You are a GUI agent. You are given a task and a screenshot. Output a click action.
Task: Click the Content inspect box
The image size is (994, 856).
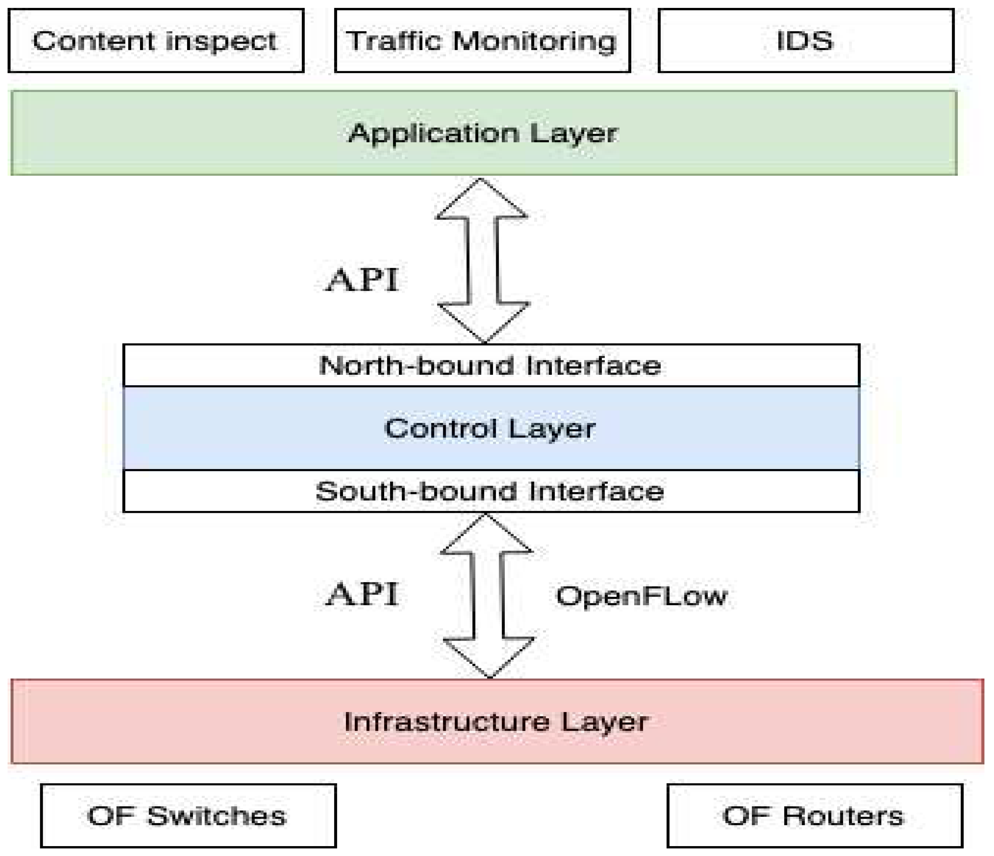coord(156,41)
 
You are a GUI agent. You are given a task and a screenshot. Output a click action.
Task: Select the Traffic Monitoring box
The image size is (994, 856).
coord(482,41)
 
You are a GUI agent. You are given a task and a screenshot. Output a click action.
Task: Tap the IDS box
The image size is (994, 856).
coord(806,41)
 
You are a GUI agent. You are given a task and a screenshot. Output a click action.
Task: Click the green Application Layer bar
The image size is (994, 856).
coord(484,133)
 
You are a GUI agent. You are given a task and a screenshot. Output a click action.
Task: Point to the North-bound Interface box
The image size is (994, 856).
coord(490,366)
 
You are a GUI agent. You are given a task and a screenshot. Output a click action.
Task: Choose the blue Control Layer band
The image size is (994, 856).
coord(490,428)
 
